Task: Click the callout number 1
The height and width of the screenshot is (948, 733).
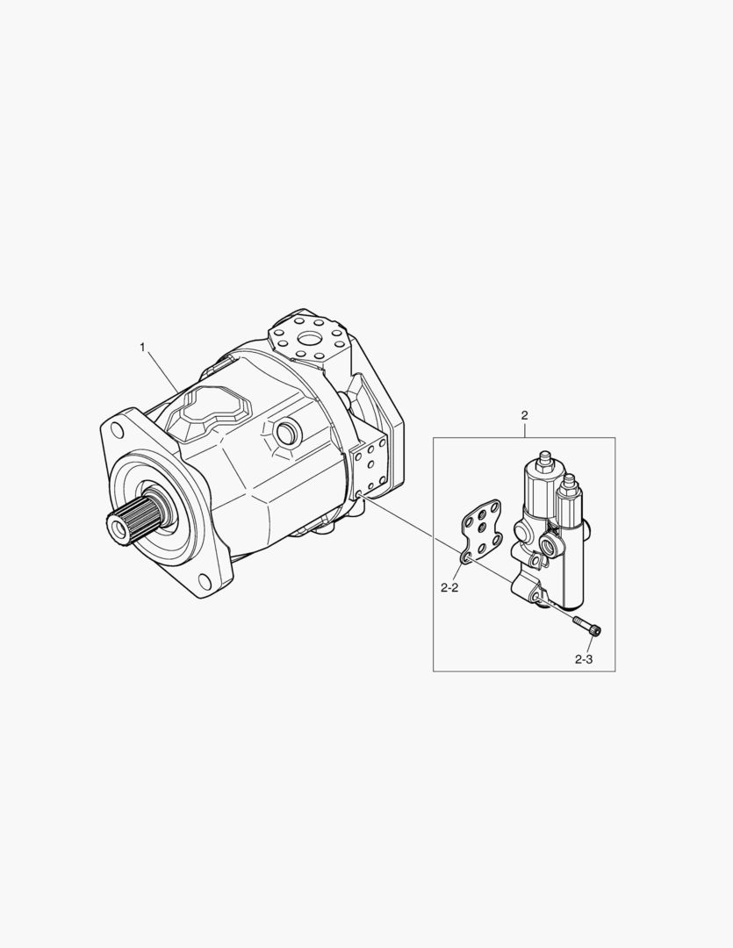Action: pos(143,347)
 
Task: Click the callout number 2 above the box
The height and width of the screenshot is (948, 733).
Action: pos(524,415)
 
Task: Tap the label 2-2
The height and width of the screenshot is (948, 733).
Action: pos(449,587)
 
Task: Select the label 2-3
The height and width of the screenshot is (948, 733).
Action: pos(584,659)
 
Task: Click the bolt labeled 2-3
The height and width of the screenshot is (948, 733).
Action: pos(587,626)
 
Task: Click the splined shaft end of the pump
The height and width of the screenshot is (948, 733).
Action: pos(126,518)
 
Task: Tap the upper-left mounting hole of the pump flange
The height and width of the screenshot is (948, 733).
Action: pos(117,430)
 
